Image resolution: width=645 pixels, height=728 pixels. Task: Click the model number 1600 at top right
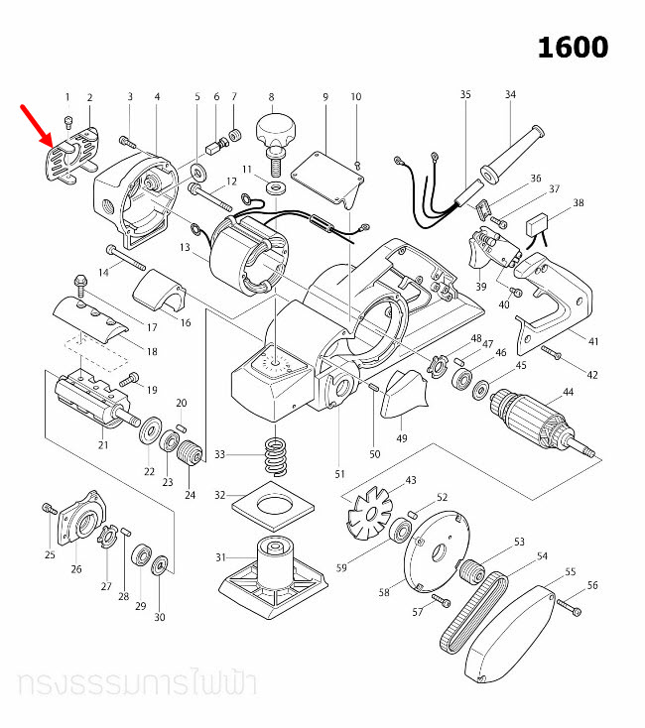[573, 47]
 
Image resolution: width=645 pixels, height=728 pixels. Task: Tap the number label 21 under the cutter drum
[102, 445]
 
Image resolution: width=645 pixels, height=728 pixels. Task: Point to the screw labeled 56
[571, 604]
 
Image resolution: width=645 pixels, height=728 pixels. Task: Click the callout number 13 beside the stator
[185, 246]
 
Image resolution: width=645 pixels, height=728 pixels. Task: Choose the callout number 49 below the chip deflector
[403, 437]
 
